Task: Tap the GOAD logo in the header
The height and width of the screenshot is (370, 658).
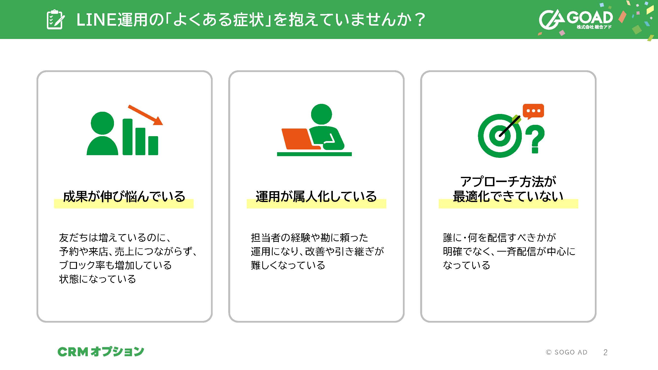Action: [x=576, y=20]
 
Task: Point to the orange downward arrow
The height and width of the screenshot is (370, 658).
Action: [x=145, y=115]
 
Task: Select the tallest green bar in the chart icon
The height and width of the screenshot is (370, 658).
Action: [x=128, y=137]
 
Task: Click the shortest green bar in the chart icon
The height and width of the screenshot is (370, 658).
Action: [x=153, y=146]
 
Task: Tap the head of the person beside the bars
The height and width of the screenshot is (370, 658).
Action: [x=102, y=123]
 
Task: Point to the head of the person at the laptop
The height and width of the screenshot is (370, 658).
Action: [x=321, y=114]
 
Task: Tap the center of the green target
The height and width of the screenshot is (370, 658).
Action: [x=500, y=136]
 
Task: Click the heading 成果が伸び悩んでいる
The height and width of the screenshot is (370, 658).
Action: [x=124, y=197]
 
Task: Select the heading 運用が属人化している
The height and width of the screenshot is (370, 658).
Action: [x=316, y=197]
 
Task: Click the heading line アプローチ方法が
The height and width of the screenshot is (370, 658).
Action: [x=508, y=182]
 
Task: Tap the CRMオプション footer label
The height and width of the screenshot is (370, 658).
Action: [x=101, y=351]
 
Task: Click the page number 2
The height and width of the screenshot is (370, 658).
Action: [x=605, y=352]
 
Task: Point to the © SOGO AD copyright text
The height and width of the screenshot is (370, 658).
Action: [x=566, y=352]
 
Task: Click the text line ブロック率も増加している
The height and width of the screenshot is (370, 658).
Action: [x=115, y=265]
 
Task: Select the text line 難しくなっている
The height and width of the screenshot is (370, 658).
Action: [x=288, y=265]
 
